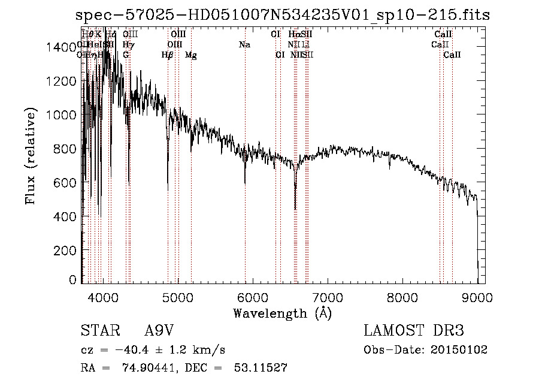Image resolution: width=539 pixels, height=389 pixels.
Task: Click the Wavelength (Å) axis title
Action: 282,313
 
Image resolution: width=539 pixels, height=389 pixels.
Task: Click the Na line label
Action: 244,45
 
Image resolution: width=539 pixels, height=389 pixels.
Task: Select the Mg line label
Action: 190,55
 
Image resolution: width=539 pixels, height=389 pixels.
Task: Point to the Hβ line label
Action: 167,55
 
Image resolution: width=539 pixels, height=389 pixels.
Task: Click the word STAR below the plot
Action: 99,331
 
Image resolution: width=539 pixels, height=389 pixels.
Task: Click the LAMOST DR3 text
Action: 414,331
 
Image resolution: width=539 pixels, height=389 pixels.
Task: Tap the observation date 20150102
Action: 458,350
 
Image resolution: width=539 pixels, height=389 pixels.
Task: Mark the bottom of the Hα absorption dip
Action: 295,209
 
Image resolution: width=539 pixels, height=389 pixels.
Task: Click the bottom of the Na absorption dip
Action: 245,183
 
